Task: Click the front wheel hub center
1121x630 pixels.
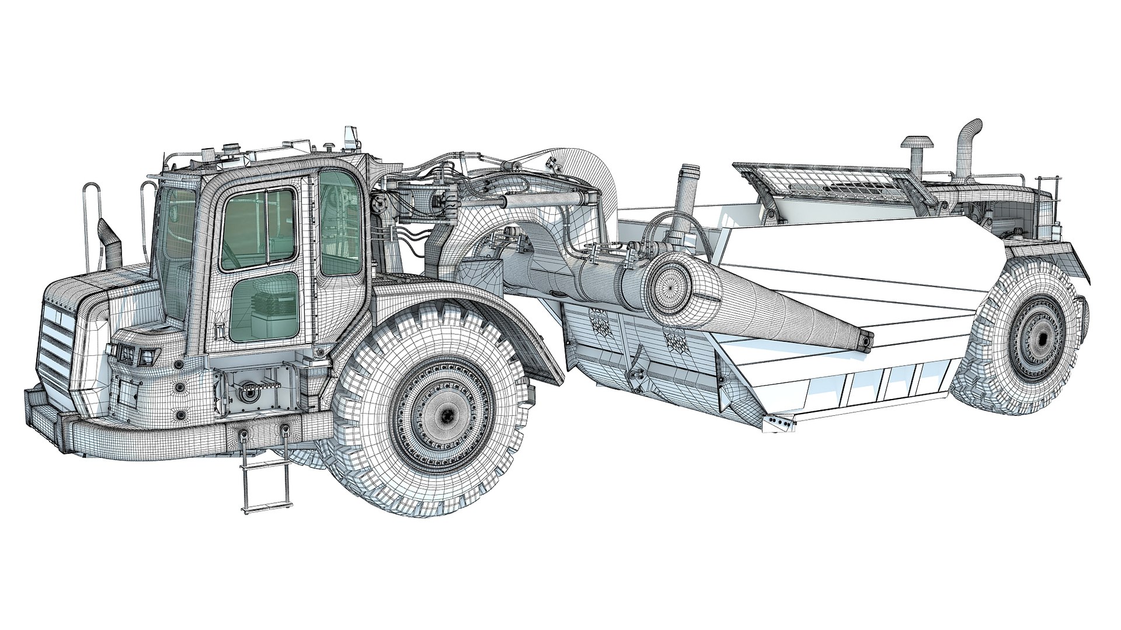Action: (447, 414)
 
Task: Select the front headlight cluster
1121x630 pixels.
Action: (133, 353)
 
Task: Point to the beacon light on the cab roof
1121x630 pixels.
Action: (350, 137)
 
